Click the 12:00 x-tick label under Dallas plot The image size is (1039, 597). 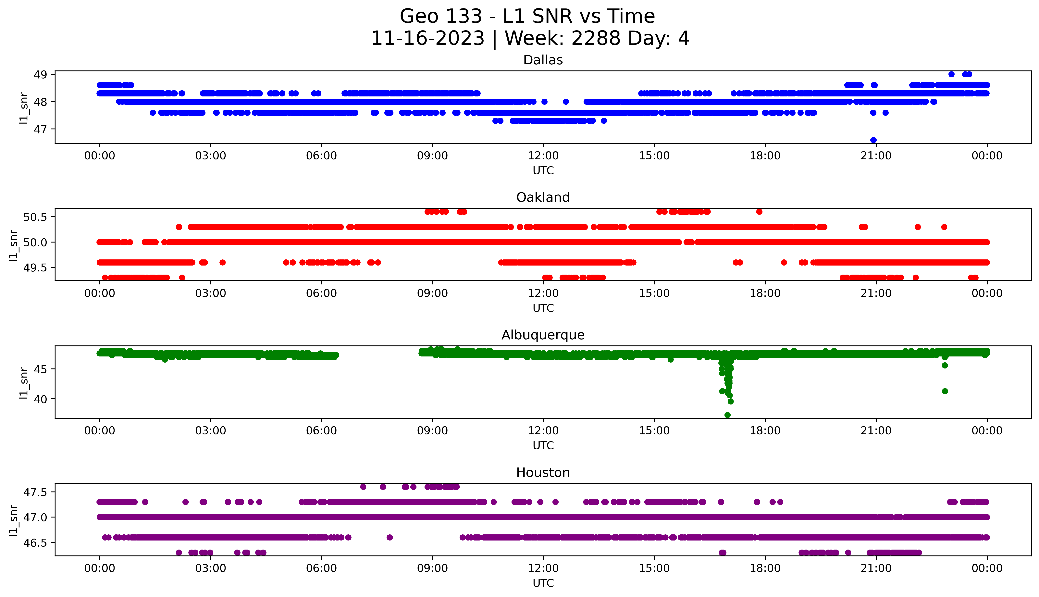coord(543,156)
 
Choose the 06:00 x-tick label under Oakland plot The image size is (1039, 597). coord(321,293)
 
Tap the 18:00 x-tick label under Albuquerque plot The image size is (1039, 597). coord(765,430)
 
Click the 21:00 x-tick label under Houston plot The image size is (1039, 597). coord(876,568)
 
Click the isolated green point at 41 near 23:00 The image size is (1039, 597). coord(945,391)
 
